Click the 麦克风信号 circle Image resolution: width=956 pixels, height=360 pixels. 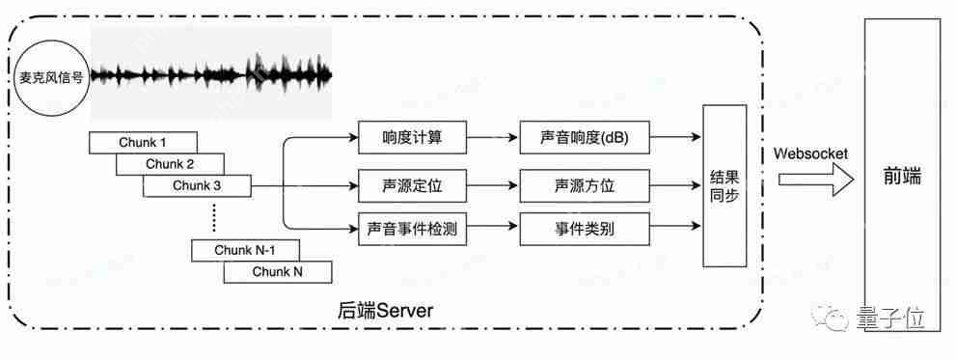click(x=51, y=78)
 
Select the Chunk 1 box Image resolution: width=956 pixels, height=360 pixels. click(x=143, y=143)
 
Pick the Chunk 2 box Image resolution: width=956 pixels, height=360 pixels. click(x=170, y=164)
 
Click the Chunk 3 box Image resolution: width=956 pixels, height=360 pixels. click(x=197, y=185)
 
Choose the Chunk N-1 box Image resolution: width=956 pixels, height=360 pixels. click(x=245, y=250)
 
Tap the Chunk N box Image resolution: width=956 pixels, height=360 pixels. click(x=278, y=272)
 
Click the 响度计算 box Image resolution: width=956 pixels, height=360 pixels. click(x=412, y=137)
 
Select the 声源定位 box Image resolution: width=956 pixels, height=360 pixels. click(x=412, y=183)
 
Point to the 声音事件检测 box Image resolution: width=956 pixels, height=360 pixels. click(x=412, y=229)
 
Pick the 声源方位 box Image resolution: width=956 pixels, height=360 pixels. click(x=585, y=183)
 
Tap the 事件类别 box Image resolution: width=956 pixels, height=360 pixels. click(x=585, y=229)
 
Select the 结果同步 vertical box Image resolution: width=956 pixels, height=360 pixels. click(x=724, y=185)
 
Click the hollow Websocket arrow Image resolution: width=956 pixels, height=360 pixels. click(x=815, y=180)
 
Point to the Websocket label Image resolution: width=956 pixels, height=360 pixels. click(x=810, y=153)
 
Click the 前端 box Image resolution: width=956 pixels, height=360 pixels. click(x=902, y=176)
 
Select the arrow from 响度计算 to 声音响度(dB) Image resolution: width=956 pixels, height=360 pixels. click(x=493, y=137)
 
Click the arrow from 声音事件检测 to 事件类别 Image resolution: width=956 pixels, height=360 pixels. click(x=493, y=229)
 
